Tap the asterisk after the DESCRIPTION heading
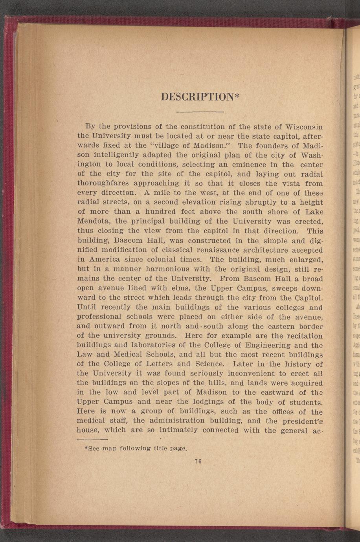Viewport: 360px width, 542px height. pyautogui.click(x=237, y=95)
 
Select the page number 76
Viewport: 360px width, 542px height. pyautogui.click(x=198, y=461)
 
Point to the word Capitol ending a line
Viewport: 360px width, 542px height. pyautogui.click(x=309, y=298)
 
